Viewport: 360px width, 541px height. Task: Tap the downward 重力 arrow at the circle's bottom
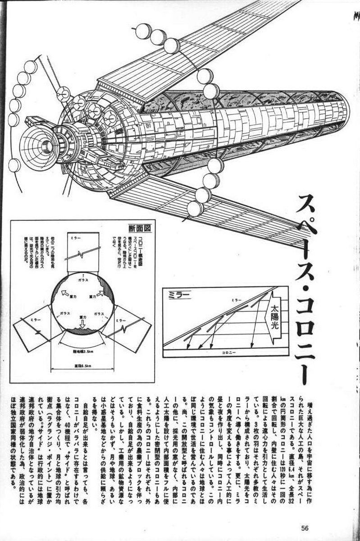tap(82, 322)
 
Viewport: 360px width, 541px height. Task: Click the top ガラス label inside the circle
tap(82, 280)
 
